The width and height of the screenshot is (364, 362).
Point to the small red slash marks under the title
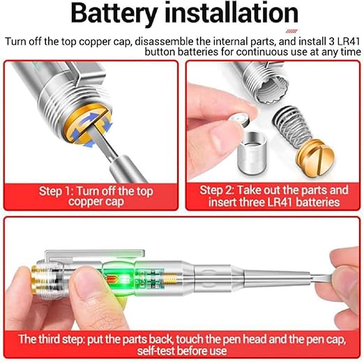tap(291, 31)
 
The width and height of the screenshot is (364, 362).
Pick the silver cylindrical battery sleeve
tap(252, 153)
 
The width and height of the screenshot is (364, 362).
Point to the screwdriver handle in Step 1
tap(128, 169)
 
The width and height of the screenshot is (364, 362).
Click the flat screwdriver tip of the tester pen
tap(322, 279)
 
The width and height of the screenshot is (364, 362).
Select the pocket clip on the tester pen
tap(95, 256)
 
